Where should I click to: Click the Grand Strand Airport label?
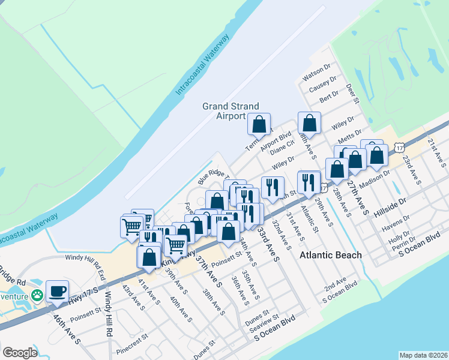click(223, 111)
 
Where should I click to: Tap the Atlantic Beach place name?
click(331, 255)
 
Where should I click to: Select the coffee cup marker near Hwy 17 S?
click(58, 291)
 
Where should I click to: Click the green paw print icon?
click(38, 295)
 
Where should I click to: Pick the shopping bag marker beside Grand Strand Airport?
click(260, 124)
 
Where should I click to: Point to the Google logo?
click(20, 352)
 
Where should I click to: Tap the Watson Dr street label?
click(317, 75)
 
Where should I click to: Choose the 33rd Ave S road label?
click(268, 243)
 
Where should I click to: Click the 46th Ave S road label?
click(67, 330)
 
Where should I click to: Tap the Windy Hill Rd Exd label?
click(85, 258)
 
